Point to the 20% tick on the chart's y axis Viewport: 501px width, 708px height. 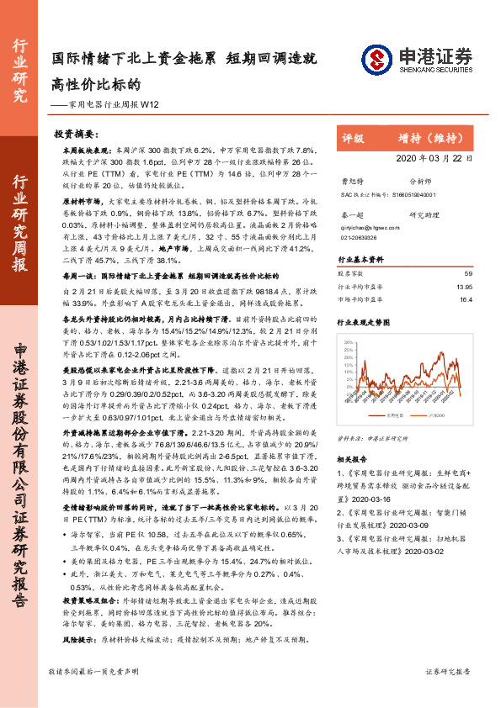pyautogui.click(x=346, y=344)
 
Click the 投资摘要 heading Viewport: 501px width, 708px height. pyautogui.click(x=77, y=133)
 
